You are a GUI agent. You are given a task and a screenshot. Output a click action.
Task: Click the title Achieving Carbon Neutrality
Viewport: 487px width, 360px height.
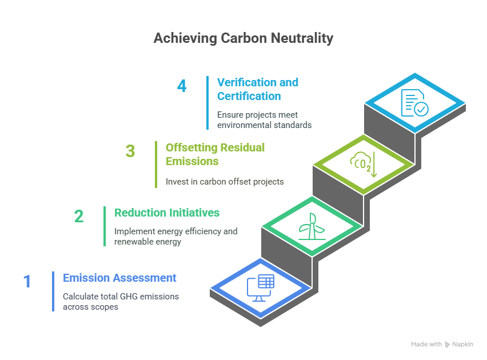243,38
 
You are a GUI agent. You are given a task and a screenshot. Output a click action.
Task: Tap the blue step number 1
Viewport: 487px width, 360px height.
27,281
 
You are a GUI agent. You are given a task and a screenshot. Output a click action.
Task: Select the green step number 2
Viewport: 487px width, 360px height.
79,216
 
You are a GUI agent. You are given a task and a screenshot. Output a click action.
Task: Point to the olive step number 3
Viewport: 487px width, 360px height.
130,151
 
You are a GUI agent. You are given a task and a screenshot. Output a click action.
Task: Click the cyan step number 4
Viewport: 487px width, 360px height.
182,86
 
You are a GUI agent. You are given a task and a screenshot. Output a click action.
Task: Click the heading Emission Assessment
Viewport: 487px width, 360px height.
119,278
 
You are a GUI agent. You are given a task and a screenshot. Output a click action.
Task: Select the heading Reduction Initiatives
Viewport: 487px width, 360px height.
167,213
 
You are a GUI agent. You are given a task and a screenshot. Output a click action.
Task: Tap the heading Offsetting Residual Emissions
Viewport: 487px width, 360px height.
215,154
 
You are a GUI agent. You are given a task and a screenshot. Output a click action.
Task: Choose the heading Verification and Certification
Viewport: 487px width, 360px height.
257,89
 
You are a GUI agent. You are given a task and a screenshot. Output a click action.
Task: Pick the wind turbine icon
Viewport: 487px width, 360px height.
312,226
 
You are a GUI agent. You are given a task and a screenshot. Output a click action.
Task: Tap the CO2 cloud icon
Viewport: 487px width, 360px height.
360,162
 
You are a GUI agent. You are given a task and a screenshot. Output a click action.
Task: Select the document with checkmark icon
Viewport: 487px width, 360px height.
414,103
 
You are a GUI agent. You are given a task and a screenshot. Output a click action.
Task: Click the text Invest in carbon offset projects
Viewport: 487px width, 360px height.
225,182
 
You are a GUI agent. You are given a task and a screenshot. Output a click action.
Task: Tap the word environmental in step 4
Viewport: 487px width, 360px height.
242,125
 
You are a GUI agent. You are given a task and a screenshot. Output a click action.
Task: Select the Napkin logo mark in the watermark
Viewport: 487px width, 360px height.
447,344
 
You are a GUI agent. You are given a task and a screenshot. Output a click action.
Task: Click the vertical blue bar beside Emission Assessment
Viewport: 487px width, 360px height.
53,291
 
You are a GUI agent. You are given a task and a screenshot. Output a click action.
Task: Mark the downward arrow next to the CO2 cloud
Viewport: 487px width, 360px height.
374,165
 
